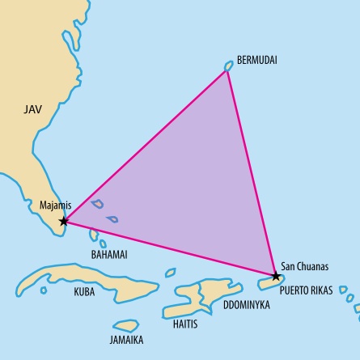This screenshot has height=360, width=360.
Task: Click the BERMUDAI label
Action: pyautogui.click(x=257, y=61)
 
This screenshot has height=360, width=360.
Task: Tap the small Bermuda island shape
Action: pyautogui.click(x=229, y=66)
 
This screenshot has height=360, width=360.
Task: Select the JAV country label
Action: pyautogui.click(x=32, y=108)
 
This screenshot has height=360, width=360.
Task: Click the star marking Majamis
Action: pyautogui.click(x=64, y=221)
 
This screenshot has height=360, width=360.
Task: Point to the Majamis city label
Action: pyautogui.click(x=56, y=205)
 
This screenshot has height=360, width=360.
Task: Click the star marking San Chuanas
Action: pyautogui.click(x=277, y=276)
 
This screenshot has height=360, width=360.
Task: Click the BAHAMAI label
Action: pyautogui.click(x=109, y=254)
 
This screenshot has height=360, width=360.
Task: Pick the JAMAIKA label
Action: pyautogui.click(x=126, y=340)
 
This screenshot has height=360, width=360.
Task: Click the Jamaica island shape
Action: pyautogui.click(x=126, y=324)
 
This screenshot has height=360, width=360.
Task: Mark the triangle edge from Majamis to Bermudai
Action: pyautogui.click(x=146, y=146)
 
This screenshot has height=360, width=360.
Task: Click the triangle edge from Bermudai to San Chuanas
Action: pyautogui.click(x=252, y=172)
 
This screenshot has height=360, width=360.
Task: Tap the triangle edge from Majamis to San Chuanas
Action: pyautogui.click(x=170, y=248)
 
